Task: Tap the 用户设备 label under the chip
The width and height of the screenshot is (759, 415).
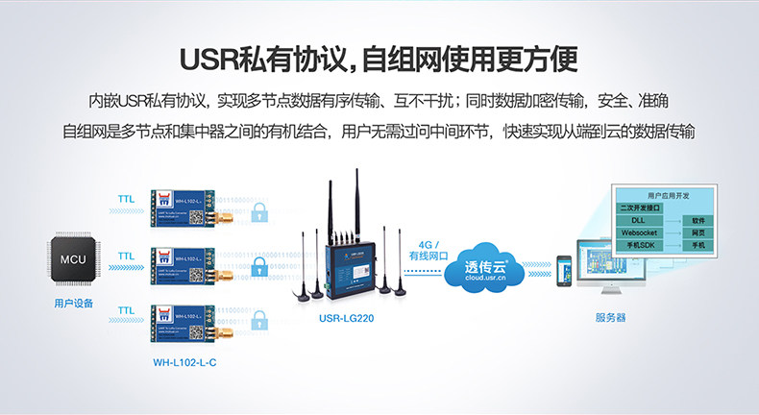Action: point(74,303)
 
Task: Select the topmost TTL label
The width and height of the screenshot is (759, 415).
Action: point(126,200)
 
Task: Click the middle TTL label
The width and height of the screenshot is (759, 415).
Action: point(126,256)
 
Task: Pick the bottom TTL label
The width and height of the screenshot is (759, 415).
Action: point(126,310)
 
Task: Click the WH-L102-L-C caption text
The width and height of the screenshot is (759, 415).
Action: point(184,362)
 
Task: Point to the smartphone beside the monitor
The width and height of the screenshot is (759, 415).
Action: point(566,269)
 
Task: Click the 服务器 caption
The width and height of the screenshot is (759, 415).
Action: point(611,317)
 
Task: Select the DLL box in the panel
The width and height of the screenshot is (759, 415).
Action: point(639,220)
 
